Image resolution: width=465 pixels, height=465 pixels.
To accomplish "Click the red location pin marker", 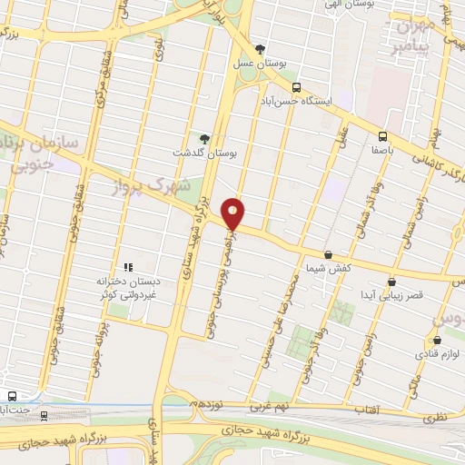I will (233, 213).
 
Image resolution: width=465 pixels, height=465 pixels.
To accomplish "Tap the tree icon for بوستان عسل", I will (262, 48).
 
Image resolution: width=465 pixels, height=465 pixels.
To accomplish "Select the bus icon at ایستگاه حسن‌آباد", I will (297, 88).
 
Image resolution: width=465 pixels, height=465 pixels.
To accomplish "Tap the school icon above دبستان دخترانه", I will (128, 267).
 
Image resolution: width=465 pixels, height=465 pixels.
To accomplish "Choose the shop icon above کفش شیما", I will (328, 255).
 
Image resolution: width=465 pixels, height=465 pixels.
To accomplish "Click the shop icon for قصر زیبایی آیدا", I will (391, 282).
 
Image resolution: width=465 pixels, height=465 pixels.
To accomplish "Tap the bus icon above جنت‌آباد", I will (12, 396).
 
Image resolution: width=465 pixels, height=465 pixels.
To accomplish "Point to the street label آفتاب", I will (366, 410).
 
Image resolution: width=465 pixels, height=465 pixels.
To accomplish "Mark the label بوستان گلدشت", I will (208, 154).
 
